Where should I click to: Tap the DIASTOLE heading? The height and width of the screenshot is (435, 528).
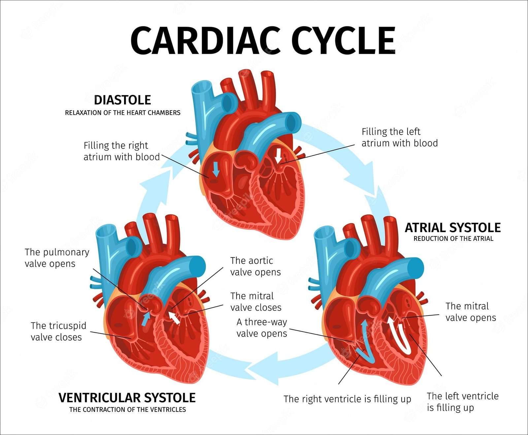[122, 100]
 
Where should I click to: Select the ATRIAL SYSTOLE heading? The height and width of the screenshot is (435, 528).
[453, 228]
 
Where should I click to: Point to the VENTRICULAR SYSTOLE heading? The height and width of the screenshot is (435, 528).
[127, 398]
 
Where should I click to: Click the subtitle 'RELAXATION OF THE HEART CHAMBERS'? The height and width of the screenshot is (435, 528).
[122, 113]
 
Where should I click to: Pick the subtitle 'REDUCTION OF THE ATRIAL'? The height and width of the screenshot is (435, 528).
[453, 239]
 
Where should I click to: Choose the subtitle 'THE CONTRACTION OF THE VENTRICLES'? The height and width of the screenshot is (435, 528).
[127, 410]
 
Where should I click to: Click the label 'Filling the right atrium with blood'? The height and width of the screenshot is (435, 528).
[121, 151]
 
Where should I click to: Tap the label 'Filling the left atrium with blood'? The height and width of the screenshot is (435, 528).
[399, 137]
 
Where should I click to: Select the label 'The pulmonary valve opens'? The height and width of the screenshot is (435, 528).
[57, 258]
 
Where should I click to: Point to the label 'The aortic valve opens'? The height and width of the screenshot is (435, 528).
[255, 266]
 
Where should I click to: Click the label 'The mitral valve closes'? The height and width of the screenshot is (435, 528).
[256, 302]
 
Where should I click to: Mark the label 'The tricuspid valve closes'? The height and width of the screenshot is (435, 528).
[58, 331]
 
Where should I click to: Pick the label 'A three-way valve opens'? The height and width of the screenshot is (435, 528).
[262, 327]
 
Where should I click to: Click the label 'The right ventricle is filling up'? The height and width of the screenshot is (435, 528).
[347, 399]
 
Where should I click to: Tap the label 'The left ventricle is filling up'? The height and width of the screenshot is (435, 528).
[462, 402]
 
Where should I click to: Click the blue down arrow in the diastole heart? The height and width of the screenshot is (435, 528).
[215, 169]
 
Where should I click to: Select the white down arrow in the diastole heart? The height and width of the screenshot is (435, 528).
[279, 156]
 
